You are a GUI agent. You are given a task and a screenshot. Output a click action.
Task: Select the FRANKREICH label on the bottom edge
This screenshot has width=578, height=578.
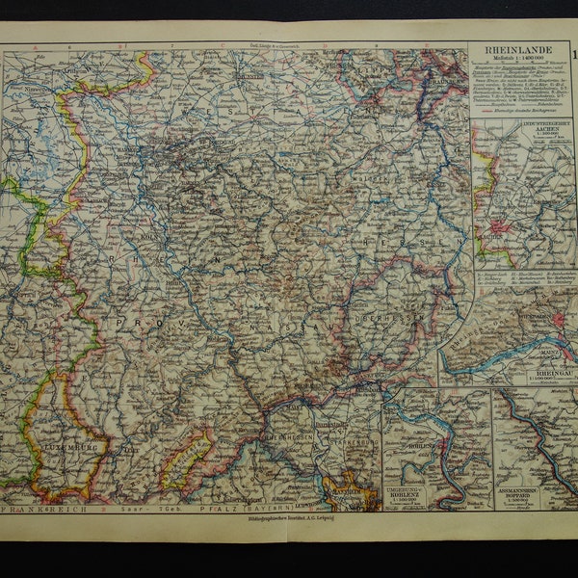44,507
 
